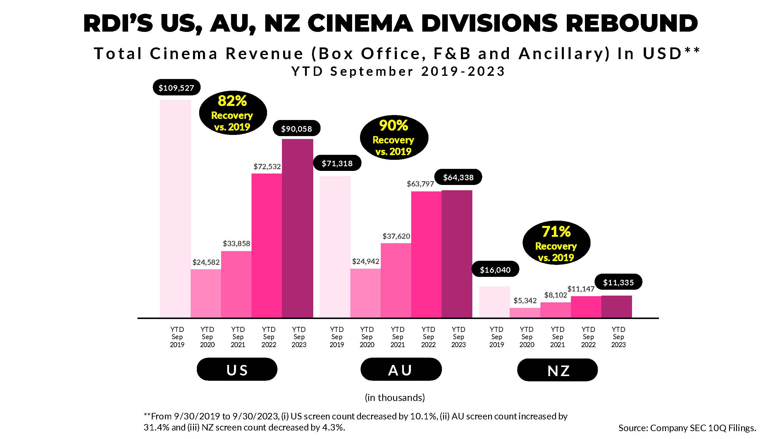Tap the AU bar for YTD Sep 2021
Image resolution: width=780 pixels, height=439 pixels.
396,280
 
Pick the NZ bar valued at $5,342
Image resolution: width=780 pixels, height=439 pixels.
525,313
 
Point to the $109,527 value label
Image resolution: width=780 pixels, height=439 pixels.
176,88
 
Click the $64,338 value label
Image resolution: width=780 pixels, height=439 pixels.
458,177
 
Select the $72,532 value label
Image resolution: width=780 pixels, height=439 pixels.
267,166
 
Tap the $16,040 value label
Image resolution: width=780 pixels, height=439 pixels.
495,270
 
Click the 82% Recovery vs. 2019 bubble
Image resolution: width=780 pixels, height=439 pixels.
233,113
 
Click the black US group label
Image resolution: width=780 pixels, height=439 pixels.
237,370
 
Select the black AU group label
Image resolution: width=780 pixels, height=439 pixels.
401,370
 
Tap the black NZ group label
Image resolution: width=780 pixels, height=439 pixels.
557,370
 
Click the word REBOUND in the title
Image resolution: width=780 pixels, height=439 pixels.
631,23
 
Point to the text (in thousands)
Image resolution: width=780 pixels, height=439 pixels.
395,397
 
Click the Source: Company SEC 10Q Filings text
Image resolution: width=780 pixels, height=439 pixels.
687,428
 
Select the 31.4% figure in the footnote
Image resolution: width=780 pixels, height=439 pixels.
154,428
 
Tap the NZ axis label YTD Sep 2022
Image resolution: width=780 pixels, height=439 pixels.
588,337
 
